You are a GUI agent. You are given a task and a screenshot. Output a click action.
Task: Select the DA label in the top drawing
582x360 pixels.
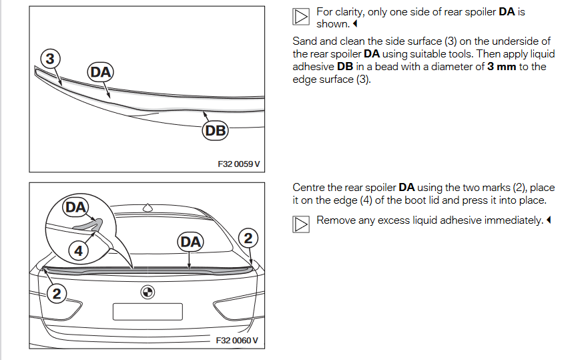pyautogui.click(x=101, y=72)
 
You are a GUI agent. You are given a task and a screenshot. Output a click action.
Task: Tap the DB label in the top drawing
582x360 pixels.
pyautogui.click(x=216, y=131)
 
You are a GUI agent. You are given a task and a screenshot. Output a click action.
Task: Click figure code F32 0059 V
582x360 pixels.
pyautogui.click(x=238, y=162)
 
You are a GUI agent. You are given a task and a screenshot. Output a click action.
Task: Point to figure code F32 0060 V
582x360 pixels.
pyautogui.click(x=237, y=341)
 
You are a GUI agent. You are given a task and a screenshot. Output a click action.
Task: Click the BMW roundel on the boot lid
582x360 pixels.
pyautogui.click(x=148, y=293)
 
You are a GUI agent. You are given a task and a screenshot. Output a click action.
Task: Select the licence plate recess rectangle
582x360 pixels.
pyautogui.click(x=148, y=311)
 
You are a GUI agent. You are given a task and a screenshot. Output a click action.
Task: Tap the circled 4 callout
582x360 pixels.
pyautogui.click(x=79, y=251)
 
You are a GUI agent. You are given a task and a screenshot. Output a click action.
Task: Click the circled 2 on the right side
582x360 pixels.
pyautogui.click(x=248, y=237)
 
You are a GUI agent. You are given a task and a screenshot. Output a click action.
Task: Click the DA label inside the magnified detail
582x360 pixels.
pyautogui.click(x=75, y=207)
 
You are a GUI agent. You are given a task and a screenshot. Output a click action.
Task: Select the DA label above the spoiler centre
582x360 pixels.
pyautogui.click(x=190, y=241)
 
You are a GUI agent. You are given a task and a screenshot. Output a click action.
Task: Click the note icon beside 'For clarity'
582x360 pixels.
pyautogui.click(x=301, y=17)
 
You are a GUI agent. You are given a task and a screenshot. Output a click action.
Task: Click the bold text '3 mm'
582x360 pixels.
pyautogui.click(x=502, y=66)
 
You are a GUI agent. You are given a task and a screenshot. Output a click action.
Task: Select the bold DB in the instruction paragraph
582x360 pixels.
pyautogui.click(x=345, y=66)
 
